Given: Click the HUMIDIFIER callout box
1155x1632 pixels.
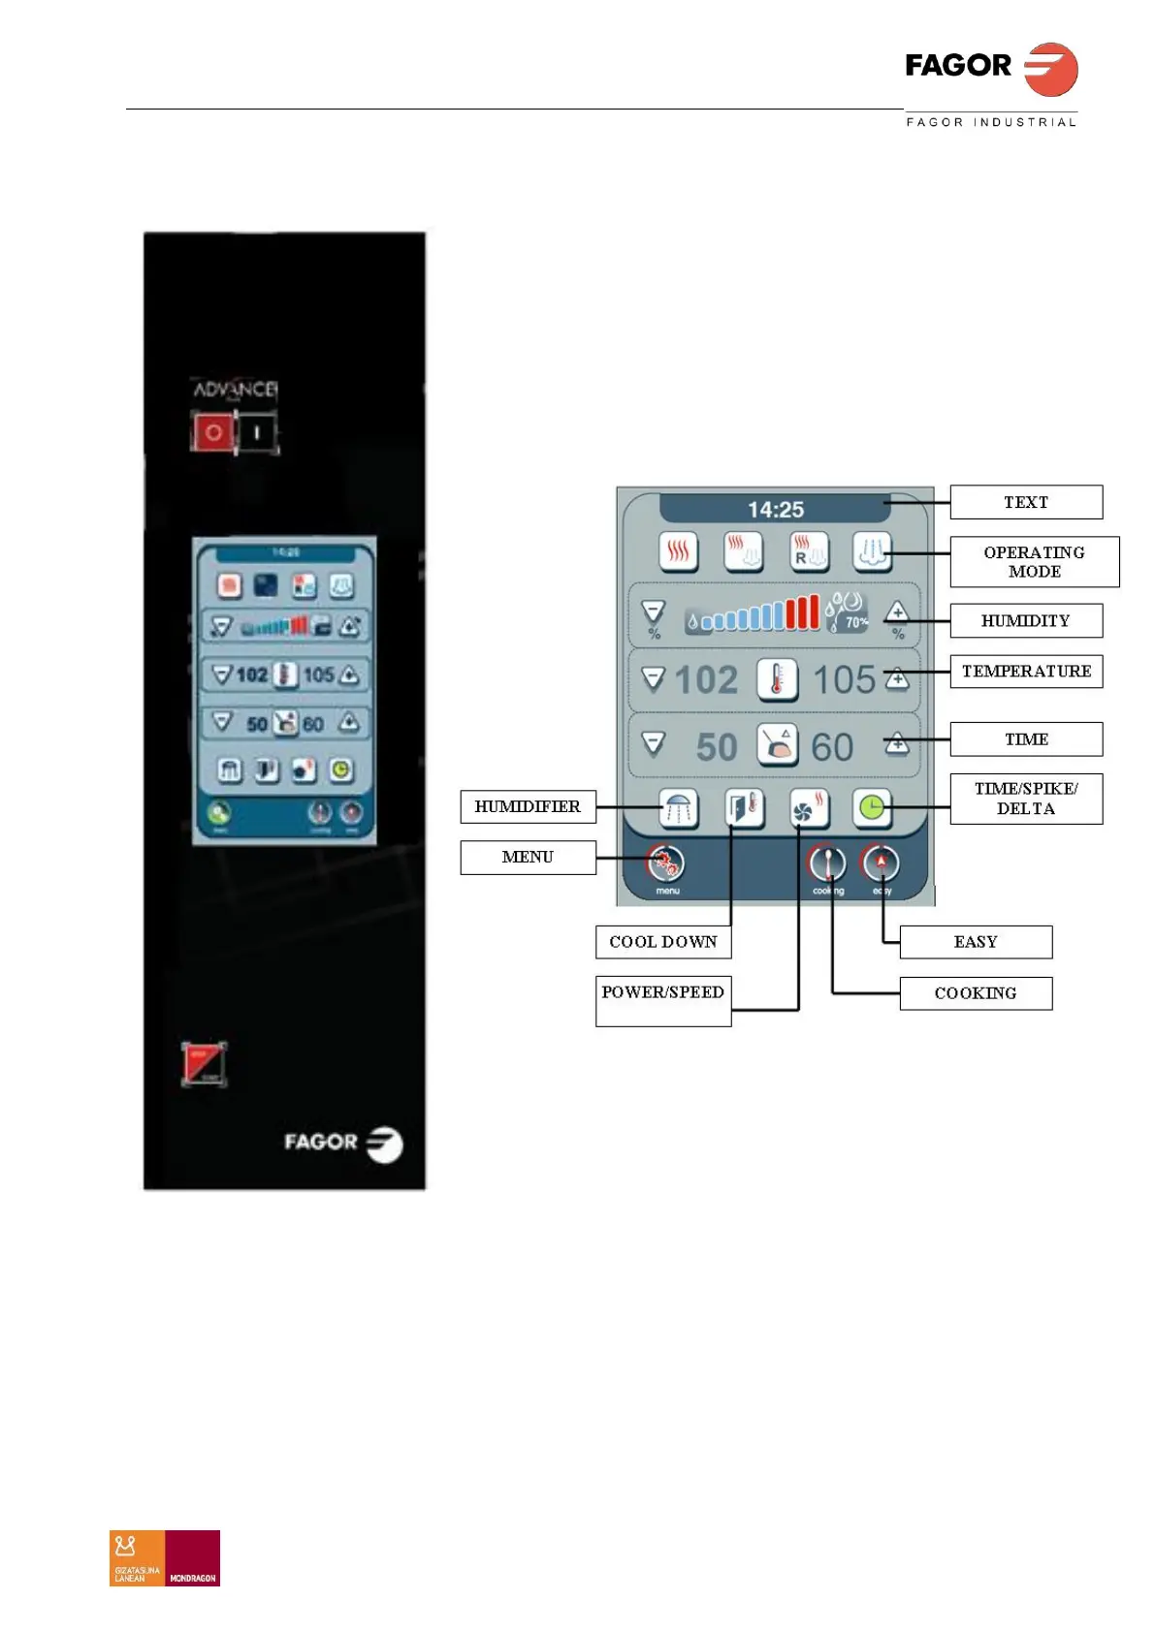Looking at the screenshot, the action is coord(528,806).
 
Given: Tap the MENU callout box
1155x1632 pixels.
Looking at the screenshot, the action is coord(528,857).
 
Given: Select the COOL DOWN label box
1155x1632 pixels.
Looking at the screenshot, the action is coord(663,942).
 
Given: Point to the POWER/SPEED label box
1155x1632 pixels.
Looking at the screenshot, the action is coord(663,1000).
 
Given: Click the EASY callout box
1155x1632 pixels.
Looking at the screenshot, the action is coord(976,942).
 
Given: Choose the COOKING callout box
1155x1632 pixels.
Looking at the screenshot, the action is coord(976,993).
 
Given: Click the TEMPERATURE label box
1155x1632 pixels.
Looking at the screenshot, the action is coord(1026,671).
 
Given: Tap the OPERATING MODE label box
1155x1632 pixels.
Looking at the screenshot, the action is coord(1034,562).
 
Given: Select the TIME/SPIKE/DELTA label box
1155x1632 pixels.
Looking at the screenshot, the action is coord(1026,799).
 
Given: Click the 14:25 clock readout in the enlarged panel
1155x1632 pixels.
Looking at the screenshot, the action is coord(775,509).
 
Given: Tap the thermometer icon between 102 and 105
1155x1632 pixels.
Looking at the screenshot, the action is coord(777,679).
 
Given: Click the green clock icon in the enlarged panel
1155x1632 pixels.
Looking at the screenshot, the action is coord(872,807).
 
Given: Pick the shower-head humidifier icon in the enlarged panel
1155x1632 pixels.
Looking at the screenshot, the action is coord(678,807).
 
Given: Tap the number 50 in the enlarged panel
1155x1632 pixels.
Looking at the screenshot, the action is coord(717,747).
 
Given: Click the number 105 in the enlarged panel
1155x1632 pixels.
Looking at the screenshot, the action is coord(844,679).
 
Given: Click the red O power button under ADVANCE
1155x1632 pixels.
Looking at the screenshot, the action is coord(213,432).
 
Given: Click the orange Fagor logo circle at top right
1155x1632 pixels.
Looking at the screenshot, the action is coord(1051,69).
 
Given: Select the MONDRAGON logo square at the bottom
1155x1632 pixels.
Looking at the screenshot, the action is coord(193,1557).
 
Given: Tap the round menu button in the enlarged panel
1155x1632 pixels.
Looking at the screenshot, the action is coord(666,863).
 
